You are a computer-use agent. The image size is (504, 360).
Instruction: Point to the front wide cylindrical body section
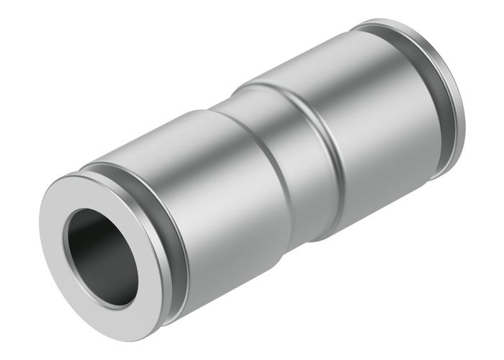coord(216,209)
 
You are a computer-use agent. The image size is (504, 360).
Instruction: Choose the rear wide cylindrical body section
coord(374,130)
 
